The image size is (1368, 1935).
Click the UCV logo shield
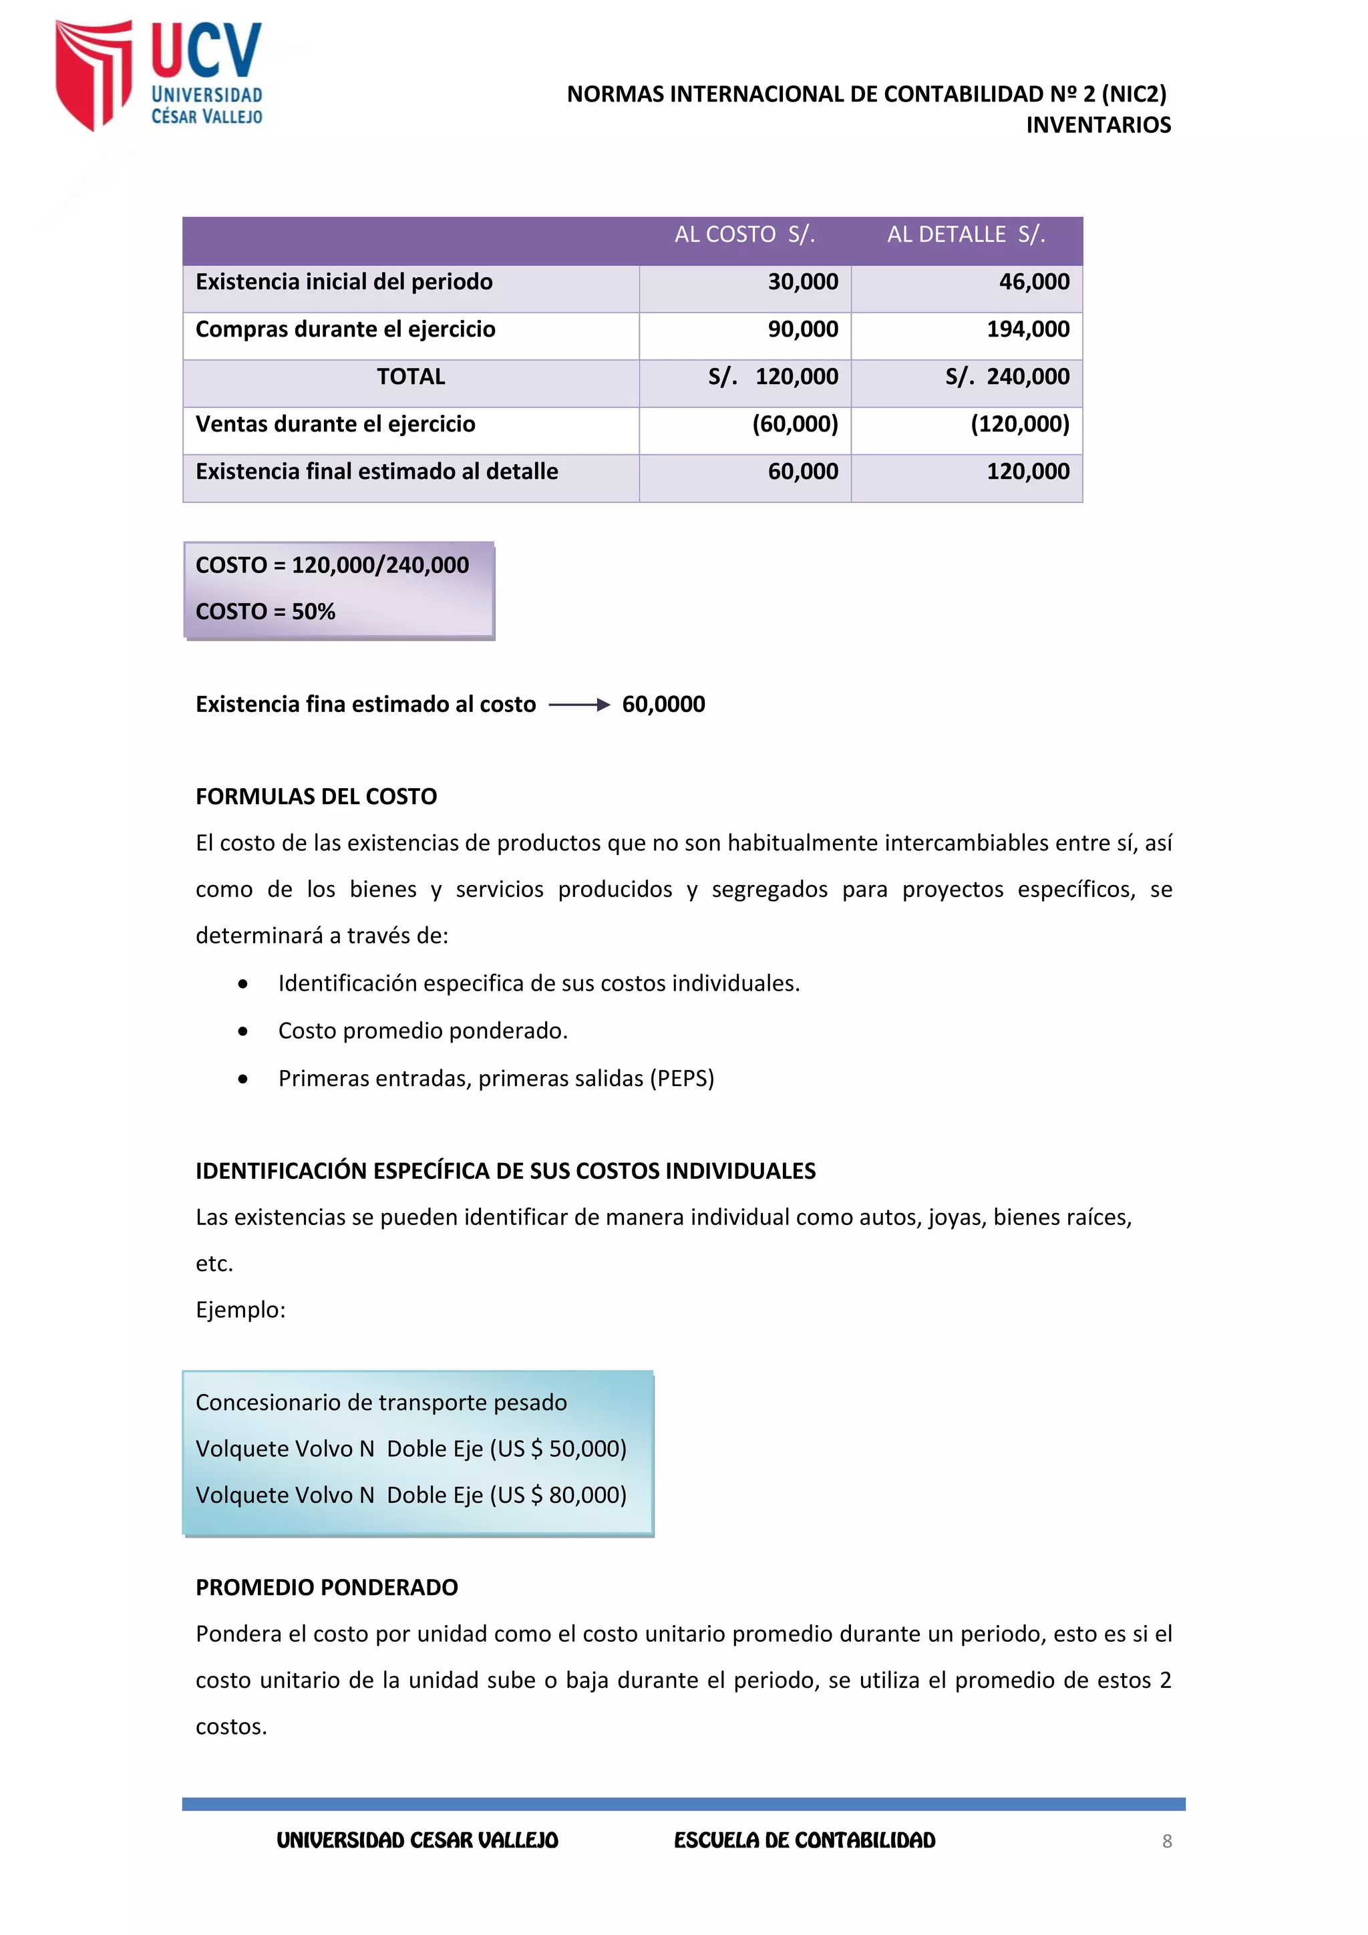point(93,74)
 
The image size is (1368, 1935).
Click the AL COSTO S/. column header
point(744,234)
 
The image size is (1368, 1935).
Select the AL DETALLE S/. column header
point(966,234)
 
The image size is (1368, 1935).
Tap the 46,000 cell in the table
point(1033,283)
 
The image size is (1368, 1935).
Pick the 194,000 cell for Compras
point(1027,329)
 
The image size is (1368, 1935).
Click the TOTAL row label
point(411,377)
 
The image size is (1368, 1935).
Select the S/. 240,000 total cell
point(1007,377)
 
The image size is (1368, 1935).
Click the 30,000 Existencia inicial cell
point(802,283)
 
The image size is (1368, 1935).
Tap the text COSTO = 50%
point(265,611)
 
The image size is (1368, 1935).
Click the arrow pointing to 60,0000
point(579,705)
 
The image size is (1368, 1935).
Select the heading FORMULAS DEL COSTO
point(316,796)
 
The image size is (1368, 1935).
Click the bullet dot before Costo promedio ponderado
point(242,1031)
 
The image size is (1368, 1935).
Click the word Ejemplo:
point(240,1310)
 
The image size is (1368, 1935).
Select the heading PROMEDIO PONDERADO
point(326,1588)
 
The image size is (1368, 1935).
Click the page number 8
point(1166,1841)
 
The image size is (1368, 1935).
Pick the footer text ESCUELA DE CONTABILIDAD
point(804,1841)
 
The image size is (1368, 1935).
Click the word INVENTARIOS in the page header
point(1097,125)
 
